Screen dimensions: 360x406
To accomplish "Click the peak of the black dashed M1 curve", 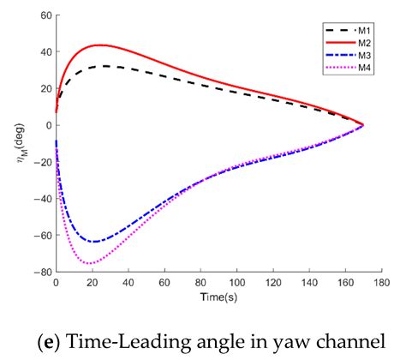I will coord(104,66).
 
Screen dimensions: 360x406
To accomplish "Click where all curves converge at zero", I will coord(363,125).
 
